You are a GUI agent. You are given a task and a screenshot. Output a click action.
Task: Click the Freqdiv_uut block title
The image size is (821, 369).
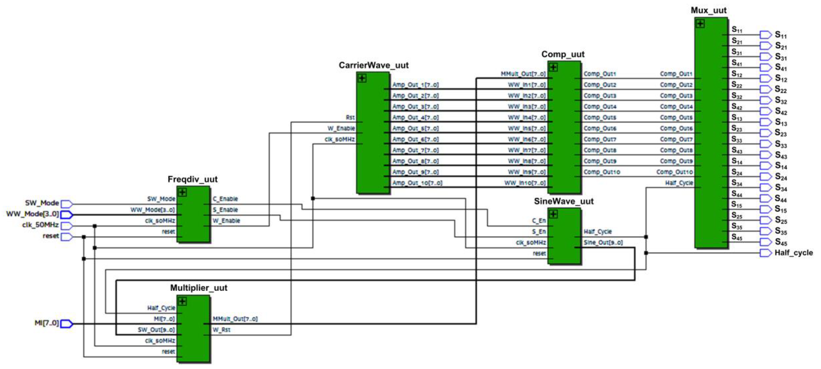(193, 179)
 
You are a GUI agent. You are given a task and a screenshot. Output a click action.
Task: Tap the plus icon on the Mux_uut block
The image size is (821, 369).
(700, 24)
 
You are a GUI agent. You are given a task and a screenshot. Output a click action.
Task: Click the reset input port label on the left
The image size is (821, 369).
(51, 236)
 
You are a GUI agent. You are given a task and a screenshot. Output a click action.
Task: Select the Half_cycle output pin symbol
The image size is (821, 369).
(765, 253)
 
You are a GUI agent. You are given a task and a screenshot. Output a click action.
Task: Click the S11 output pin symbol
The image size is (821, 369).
(765, 34)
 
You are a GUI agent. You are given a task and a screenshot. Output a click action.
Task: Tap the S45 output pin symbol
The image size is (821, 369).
(765, 242)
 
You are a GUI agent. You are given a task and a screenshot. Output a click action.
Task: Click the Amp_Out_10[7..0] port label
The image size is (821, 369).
(417, 183)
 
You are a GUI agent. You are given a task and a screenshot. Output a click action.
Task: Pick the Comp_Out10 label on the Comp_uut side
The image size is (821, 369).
(602, 172)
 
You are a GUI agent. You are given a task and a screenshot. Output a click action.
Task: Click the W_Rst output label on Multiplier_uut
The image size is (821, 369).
(222, 329)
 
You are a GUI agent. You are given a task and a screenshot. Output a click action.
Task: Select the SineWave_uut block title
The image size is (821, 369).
(563, 201)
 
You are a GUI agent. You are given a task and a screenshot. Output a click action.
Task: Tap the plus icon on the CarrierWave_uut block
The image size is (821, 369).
(362, 78)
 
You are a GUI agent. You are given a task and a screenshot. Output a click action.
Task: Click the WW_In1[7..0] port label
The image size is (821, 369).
(526, 85)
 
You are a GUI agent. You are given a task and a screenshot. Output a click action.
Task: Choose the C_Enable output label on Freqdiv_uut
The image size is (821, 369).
(225, 199)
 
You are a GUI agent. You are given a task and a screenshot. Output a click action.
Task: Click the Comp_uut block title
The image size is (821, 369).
(563, 54)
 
